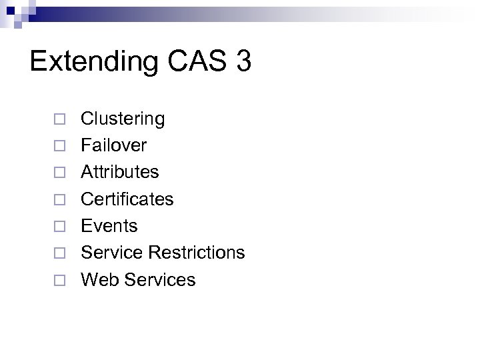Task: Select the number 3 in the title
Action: [x=243, y=61]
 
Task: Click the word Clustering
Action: [x=123, y=119]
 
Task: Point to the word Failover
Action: [x=114, y=145]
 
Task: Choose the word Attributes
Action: [x=120, y=172]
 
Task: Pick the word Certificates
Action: [x=127, y=199]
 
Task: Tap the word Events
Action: [x=109, y=226]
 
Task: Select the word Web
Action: [x=97, y=279]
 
